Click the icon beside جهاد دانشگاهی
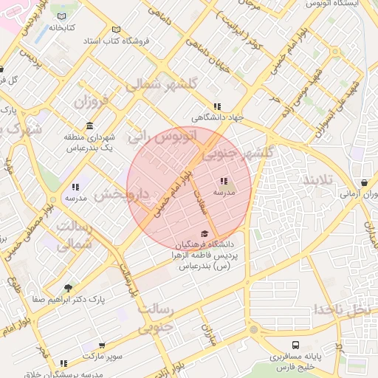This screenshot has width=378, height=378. tap(216, 106)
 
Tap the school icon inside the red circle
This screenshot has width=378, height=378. tap(224, 181)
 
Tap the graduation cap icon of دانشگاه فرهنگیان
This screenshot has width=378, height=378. tap(204, 233)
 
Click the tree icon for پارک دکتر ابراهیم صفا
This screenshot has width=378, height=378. tap(69, 288)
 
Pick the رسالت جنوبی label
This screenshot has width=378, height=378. tap(156, 316)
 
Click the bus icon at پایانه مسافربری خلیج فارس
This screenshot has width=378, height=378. tap(295, 344)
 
